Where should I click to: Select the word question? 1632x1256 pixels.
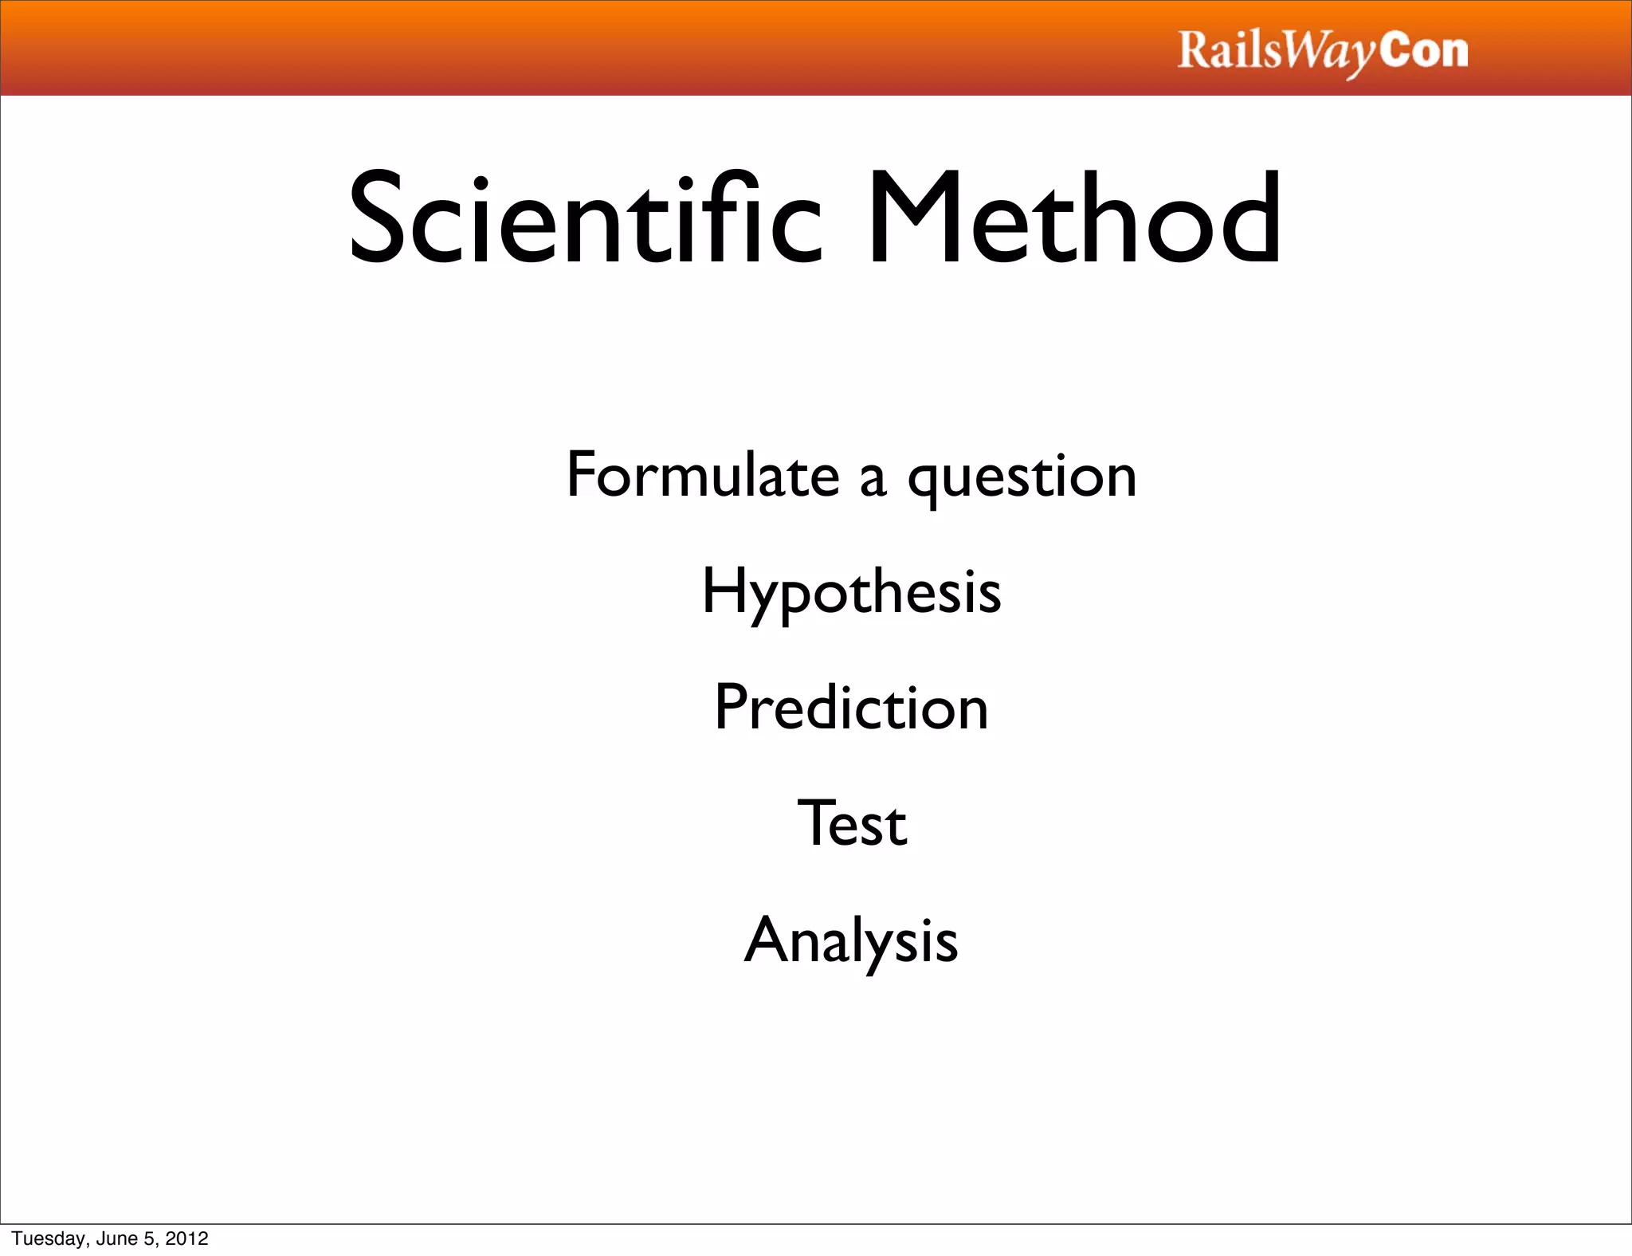coord(1022,478)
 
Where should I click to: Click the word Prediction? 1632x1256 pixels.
coord(851,708)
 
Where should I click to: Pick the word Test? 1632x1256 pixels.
coord(852,823)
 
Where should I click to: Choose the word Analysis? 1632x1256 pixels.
coord(851,941)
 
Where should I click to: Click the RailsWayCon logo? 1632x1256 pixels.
coord(1323,52)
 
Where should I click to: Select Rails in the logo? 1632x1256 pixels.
coord(1229,50)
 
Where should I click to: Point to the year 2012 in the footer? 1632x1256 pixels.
coord(186,1238)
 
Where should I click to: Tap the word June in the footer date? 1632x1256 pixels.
coord(118,1238)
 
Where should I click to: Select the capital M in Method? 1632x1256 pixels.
coord(915,217)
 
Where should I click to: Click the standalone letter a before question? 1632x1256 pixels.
coord(873,480)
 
